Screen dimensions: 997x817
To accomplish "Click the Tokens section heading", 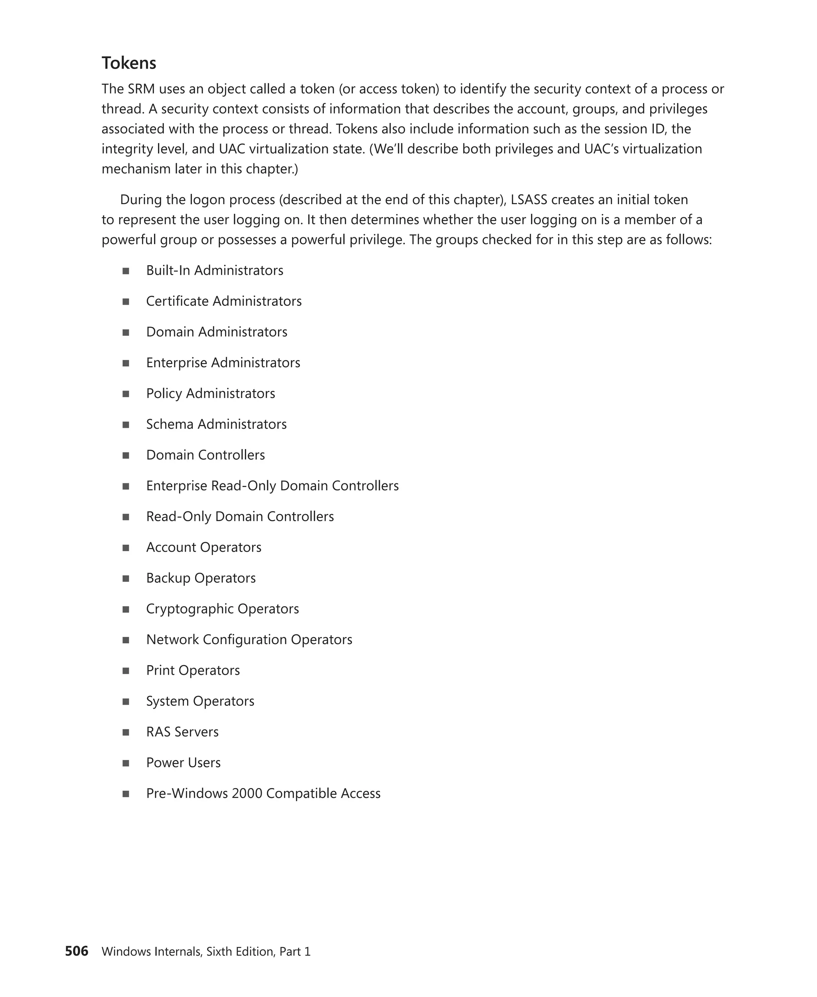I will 129,63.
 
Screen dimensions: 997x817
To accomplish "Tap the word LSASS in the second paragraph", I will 529,199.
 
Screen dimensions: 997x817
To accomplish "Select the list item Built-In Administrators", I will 215,270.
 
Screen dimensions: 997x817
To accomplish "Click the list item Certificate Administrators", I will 223,301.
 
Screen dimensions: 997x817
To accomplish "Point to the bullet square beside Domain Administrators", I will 126,332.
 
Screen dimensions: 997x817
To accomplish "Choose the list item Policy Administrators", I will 210,393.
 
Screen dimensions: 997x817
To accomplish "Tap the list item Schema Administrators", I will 216,424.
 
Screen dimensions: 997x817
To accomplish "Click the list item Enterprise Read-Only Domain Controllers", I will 272,486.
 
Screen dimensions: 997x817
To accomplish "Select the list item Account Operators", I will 203,547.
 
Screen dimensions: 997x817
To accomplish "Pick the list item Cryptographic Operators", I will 222,609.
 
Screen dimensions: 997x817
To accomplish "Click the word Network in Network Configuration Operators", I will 172,639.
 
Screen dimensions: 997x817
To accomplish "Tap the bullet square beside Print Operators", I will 126,671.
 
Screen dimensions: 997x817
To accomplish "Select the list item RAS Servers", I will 182,732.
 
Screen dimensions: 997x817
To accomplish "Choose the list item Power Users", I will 183,763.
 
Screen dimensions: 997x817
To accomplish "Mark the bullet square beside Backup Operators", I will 126,579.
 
